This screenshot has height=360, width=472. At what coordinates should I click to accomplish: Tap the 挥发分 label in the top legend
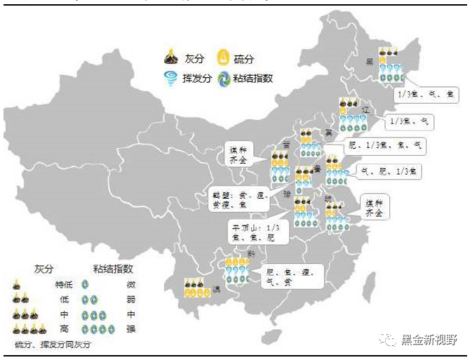196,79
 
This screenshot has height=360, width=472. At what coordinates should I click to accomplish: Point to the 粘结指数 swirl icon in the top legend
224,78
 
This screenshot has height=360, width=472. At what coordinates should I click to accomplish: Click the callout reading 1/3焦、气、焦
426,93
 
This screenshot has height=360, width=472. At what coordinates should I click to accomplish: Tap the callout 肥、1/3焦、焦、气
386,146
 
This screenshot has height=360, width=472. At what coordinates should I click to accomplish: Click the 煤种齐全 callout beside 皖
374,207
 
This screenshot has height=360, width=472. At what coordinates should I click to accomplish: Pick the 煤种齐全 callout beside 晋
239,154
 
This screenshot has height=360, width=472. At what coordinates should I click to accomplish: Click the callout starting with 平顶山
259,232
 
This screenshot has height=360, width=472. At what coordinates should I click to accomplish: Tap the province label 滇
216,289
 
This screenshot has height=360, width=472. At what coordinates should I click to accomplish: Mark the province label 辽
365,110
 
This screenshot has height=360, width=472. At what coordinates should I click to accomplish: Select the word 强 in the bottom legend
130,328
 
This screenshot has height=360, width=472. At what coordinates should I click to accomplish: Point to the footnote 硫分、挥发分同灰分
53,345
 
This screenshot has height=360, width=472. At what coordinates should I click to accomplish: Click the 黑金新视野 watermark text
429,340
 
